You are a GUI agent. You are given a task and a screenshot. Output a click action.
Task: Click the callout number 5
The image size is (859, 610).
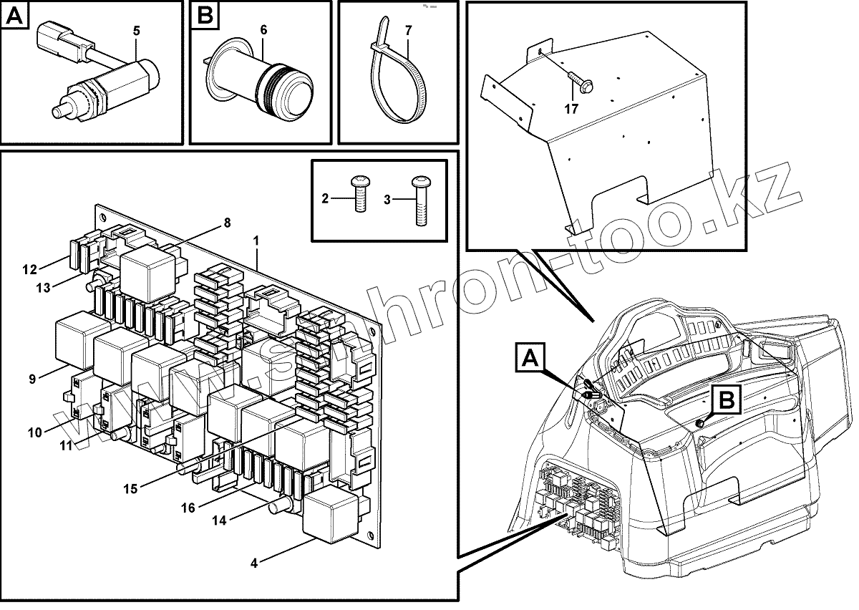pyautogui.click(x=137, y=31)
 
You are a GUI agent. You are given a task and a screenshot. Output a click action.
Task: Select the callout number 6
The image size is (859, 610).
pyautogui.click(x=263, y=30)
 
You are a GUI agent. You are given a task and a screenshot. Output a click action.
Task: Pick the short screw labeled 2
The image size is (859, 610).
pyautogui.click(x=360, y=194)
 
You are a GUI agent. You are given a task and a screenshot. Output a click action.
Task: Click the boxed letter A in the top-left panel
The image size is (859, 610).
pyautogui.click(x=16, y=16)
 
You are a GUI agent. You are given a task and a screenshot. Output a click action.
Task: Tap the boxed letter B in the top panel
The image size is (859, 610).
pyautogui.click(x=205, y=16)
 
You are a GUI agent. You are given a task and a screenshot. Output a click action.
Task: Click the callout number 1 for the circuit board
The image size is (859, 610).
pyautogui.click(x=258, y=241)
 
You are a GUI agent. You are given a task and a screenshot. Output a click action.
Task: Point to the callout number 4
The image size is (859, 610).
pyautogui.click(x=254, y=562)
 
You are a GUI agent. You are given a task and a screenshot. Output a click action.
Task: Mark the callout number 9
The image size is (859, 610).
pyautogui.click(x=32, y=379)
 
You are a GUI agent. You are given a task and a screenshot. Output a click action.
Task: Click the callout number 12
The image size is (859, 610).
pyautogui.click(x=29, y=270)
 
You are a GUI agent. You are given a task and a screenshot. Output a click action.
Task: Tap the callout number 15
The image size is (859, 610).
pyautogui.click(x=130, y=489)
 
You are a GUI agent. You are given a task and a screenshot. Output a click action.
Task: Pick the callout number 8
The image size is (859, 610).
pyautogui.click(x=227, y=223)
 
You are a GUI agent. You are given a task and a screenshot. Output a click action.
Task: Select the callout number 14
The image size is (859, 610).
pyautogui.click(x=220, y=521)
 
